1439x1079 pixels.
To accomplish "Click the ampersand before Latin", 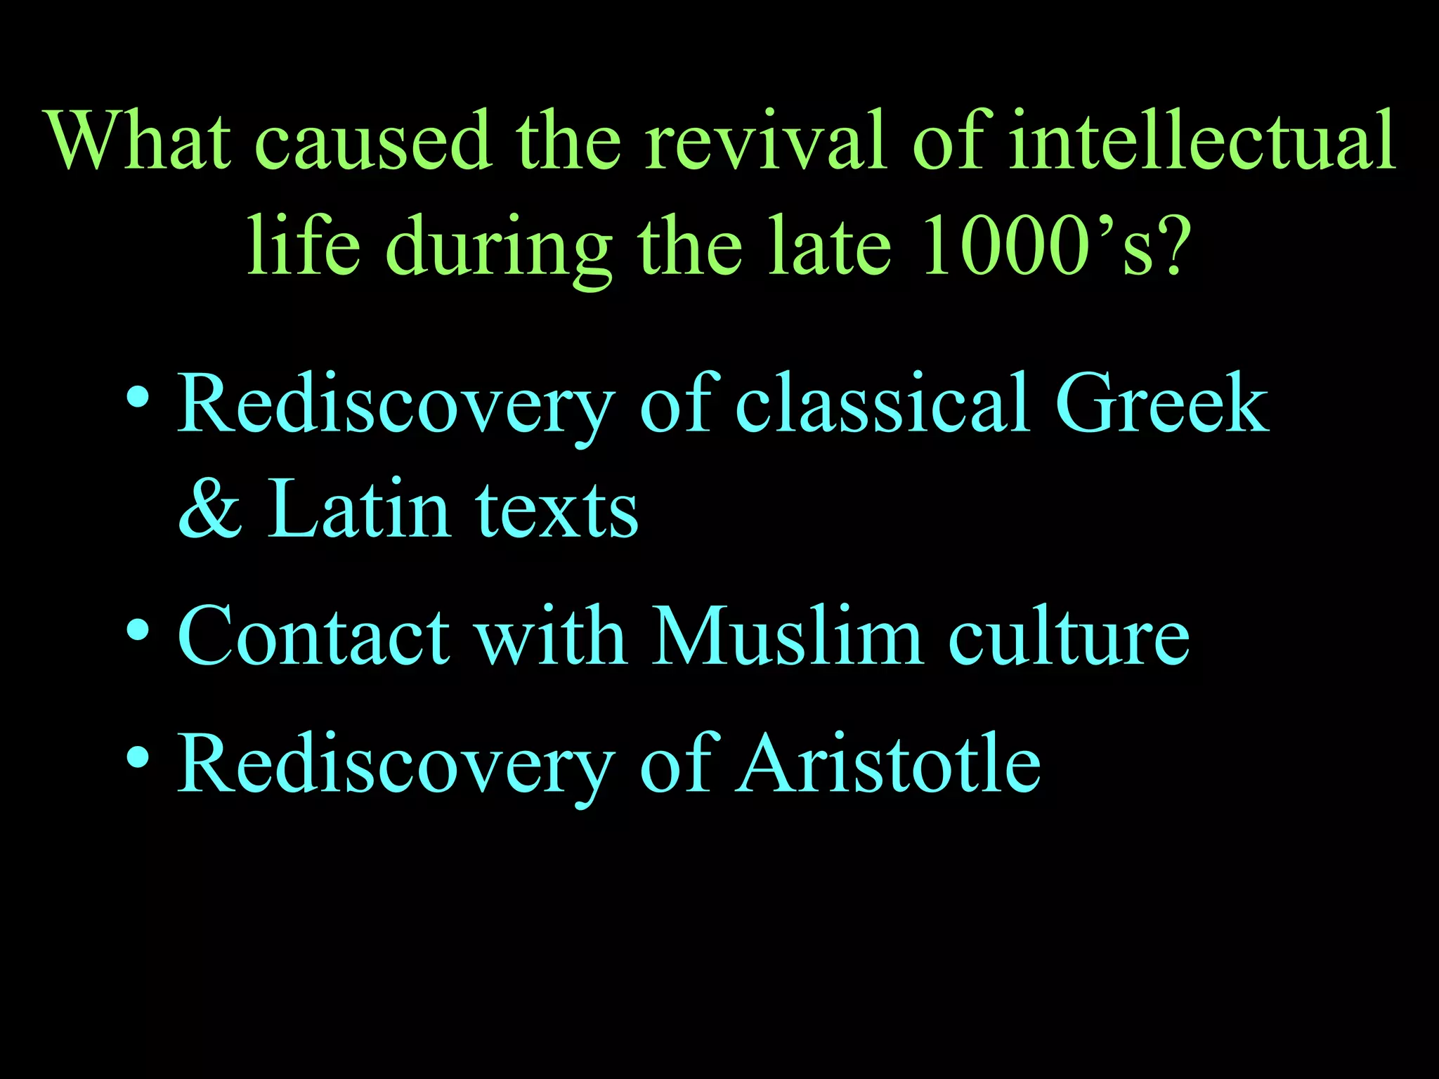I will pos(210,509).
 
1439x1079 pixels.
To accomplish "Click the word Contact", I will pos(313,636).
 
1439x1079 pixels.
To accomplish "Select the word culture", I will pos(1069,636).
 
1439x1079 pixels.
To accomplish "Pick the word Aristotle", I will pos(889,763).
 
